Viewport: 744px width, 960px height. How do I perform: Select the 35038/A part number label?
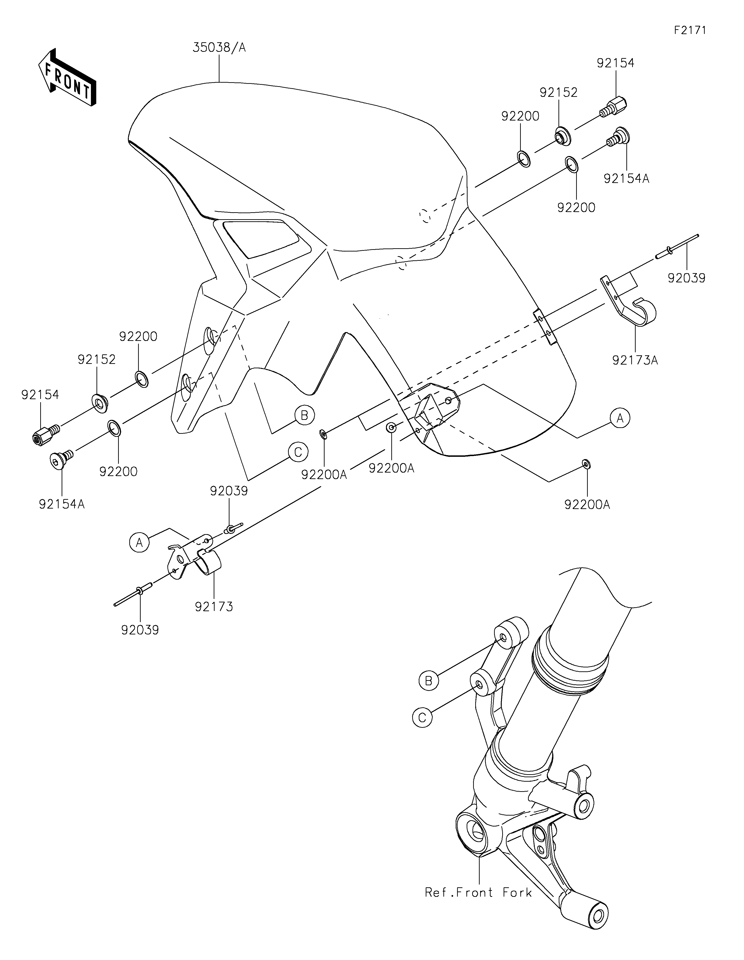(x=219, y=47)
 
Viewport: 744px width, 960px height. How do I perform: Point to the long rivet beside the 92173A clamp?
(x=677, y=247)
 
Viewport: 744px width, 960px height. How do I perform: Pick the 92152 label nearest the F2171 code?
(x=559, y=92)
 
